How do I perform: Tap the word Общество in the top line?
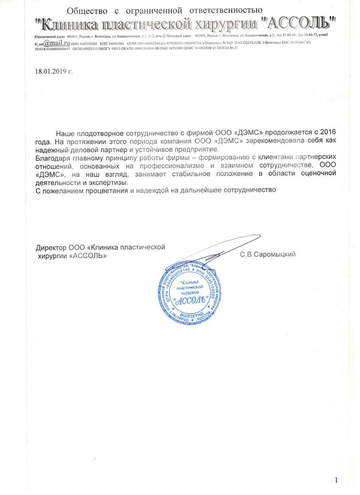coord(85,10)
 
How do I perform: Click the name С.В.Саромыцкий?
coord(267,254)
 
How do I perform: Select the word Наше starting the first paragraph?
coord(64,132)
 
